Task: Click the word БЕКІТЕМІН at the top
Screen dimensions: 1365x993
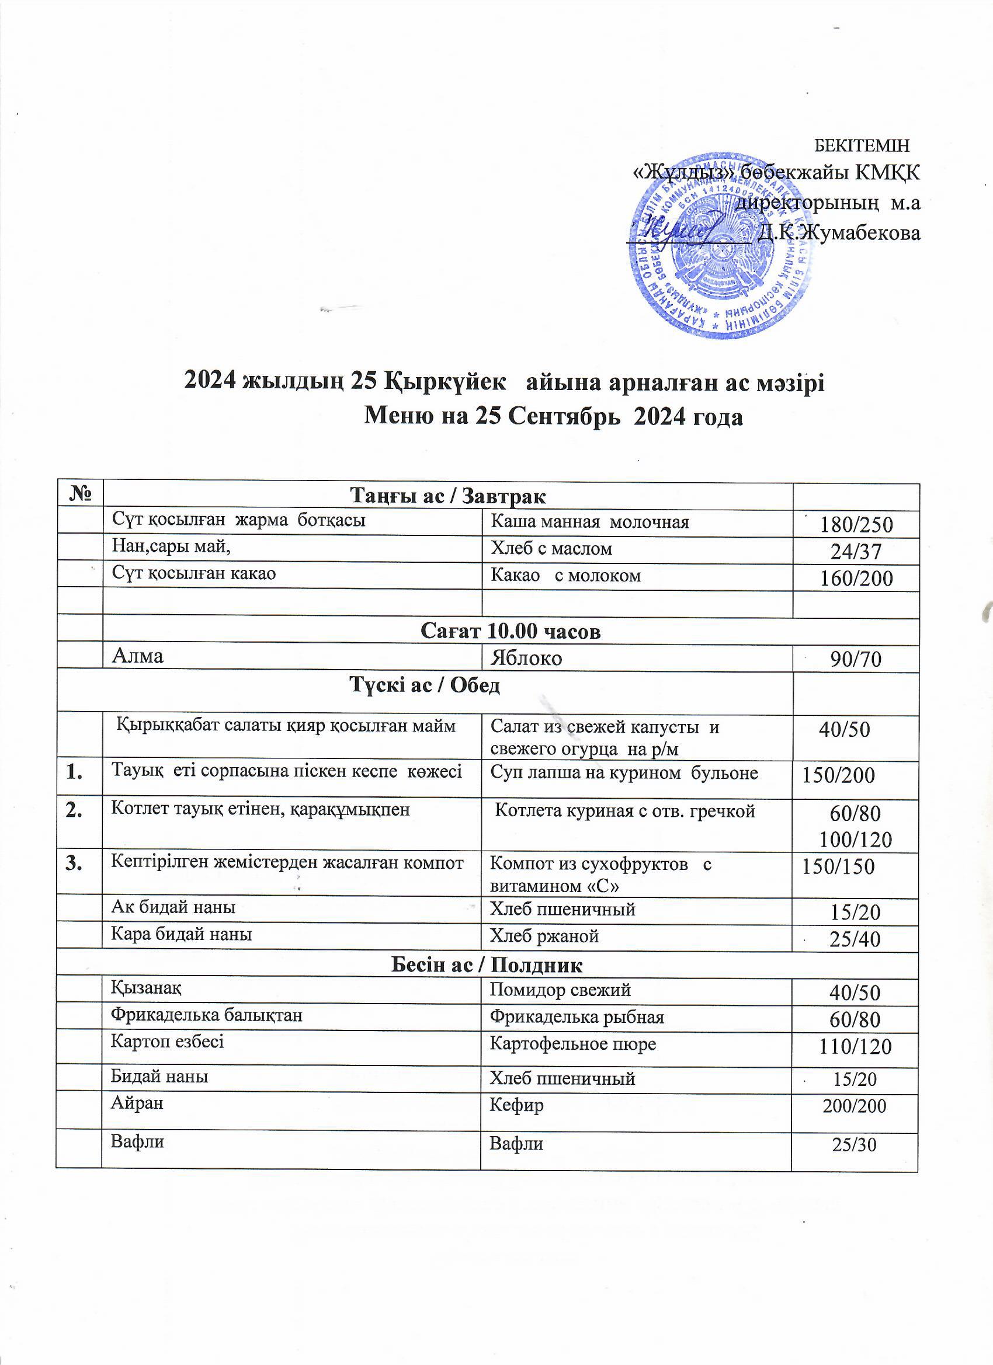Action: [x=861, y=145]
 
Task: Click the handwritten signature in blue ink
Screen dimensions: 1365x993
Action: [x=680, y=232]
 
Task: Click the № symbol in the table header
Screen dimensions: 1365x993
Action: [x=79, y=495]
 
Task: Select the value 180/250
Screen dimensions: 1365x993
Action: [x=856, y=525]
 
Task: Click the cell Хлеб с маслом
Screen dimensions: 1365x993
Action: [x=551, y=548]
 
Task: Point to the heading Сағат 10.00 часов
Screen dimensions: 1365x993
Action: [x=511, y=631]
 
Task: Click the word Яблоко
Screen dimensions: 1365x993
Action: [x=526, y=659]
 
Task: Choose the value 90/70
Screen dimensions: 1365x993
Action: [x=856, y=660]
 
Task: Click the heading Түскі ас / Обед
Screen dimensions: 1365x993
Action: [x=425, y=685]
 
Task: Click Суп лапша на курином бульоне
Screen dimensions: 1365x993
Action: [x=624, y=773]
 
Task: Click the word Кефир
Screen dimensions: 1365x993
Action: [x=517, y=1105]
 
